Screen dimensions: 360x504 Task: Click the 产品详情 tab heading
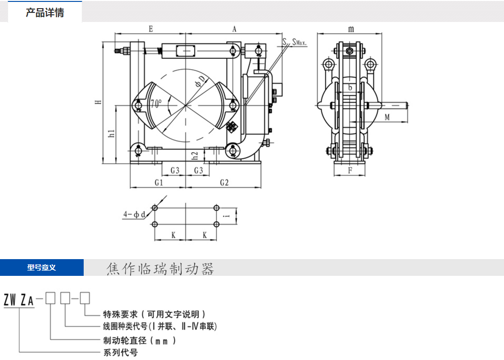click(x=44, y=13)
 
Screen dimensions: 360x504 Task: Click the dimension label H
click(x=98, y=102)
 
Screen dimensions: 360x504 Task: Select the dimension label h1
click(x=111, y=133)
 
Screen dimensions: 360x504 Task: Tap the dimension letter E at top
click(x=150, y=29)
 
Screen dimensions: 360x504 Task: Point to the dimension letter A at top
click(x=234, y=29)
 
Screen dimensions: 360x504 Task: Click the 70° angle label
click(x=156, y=103)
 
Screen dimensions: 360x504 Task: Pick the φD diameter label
click(x=199, y=81)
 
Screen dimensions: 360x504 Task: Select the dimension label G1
click(x=159, y=183)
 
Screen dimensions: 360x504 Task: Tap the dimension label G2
click(x=224, y=183)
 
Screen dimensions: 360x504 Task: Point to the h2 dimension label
click(x=195, y=155)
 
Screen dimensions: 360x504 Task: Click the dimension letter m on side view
click(x=351, y=29)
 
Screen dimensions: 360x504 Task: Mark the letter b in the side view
click(x=350, y=87)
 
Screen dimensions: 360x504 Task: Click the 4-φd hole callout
click(x=134, y=215)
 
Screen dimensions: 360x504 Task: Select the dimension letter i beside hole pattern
click(x=228, y=216)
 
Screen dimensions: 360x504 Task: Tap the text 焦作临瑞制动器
click(x=160, y=269)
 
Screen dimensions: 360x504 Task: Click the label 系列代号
click(x=121, y=353)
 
